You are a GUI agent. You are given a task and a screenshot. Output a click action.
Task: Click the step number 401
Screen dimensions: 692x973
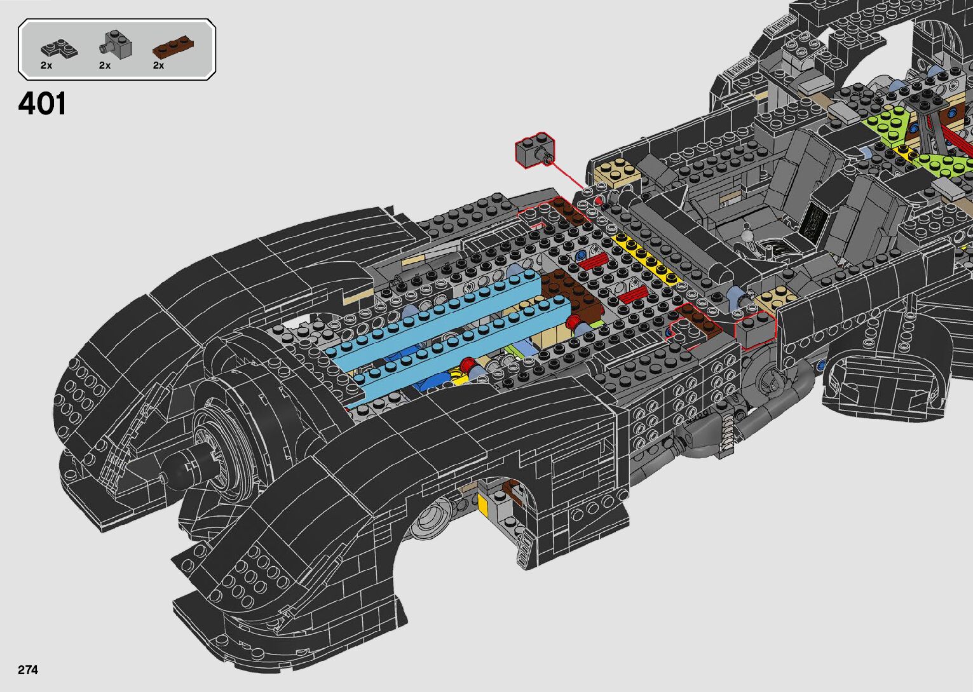click(x=42, y=104)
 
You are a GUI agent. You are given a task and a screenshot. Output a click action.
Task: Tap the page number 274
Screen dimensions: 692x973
click(x=28, y=670)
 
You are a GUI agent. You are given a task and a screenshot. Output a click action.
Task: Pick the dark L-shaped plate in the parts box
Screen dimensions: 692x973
click(x=58, y=48)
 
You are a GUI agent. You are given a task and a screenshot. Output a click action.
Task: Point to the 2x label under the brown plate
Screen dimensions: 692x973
click(x=158, y=65)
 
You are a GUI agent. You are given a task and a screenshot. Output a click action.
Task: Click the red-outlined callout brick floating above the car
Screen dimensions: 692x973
click(x=533, y=151)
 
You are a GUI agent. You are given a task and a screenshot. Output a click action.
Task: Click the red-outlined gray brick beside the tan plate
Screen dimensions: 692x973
click(x=755, y=330)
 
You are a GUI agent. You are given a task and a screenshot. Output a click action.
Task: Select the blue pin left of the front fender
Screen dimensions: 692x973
click(x=823, y=365)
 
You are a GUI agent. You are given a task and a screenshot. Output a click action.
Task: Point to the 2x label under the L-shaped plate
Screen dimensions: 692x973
click(x=46, y=65)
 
